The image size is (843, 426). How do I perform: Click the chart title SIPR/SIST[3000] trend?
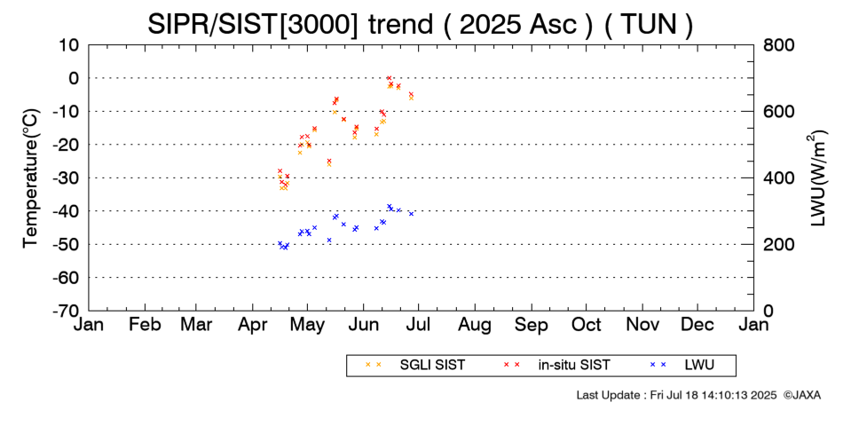click(290, 24)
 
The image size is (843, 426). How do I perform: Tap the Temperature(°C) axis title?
click(31, 178)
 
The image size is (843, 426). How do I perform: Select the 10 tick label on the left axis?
click(69, 44)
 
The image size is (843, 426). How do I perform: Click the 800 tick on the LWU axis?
click(778, 44)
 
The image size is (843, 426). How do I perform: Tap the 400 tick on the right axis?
click(778, 177)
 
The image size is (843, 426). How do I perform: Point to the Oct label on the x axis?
click(587, 325)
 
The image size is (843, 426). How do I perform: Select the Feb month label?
click(145, 325)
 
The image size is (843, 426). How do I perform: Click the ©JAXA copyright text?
click(802, 395)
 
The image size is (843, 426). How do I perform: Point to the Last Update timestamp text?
click(677, 395)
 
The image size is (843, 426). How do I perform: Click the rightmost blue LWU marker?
click(411, 214)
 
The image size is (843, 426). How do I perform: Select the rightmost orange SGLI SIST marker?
click(411, 98)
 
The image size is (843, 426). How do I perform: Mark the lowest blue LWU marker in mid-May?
click(329, 240)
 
